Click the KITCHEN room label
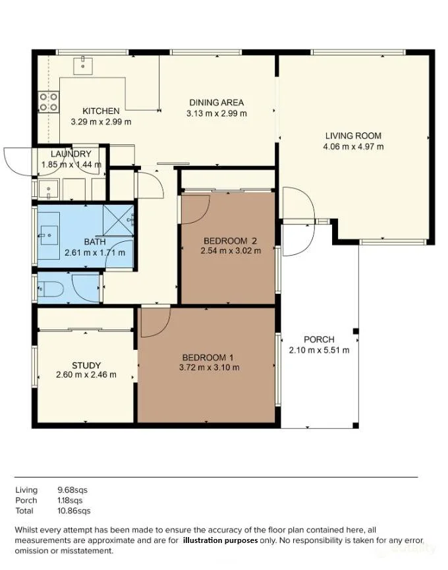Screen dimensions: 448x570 pos(101,111)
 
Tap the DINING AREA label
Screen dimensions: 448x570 pos(217,103)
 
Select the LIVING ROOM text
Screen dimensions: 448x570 pos(353,136)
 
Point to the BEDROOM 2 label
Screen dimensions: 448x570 pos(231,241)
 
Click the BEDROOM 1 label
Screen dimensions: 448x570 pos(208,357)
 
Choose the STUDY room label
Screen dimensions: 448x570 pos(86,365)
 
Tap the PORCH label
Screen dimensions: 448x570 pos(319,339)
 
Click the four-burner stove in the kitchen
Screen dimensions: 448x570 pos(49,101)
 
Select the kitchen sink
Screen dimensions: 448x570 pos(83,66)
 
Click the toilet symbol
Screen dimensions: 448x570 pos(51,289)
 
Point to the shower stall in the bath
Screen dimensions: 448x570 pos(119,221)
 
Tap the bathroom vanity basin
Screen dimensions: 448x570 pos(49,235)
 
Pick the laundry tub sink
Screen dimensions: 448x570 pos(48,189)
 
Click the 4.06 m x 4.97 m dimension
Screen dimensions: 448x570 pos(353,147)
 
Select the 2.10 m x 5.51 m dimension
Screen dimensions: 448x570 pos(319,351)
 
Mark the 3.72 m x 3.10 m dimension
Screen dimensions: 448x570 pos(209,368)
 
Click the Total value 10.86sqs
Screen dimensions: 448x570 pos(74,511)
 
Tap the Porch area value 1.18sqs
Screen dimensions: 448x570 pos(70,501)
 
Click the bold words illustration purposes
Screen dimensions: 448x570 pos(221,540)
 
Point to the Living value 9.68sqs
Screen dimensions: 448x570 pos(72,490)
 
